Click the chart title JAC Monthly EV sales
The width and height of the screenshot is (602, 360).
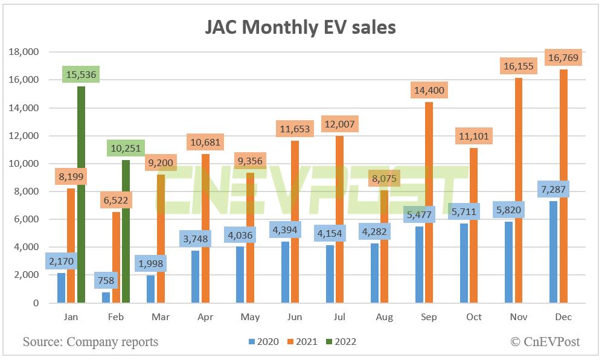(301, 28)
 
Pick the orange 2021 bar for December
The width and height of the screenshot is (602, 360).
(564, 193)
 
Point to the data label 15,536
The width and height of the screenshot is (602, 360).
(81, 75)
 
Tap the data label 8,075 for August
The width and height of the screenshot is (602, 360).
(385, 179)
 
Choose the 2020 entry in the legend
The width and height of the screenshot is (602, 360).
(263, 342)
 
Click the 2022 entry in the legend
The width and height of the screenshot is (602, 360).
(341, 342)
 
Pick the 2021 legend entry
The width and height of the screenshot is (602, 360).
(302, 342)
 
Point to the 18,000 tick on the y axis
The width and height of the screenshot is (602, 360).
(24, 52)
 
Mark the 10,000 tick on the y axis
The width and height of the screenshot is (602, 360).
(24, 164)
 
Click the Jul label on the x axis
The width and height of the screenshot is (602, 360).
(339, 317)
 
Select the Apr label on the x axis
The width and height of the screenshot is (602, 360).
(205, 317)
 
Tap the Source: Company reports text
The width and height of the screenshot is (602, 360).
(91, 342)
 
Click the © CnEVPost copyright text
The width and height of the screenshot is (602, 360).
(545, 342)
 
